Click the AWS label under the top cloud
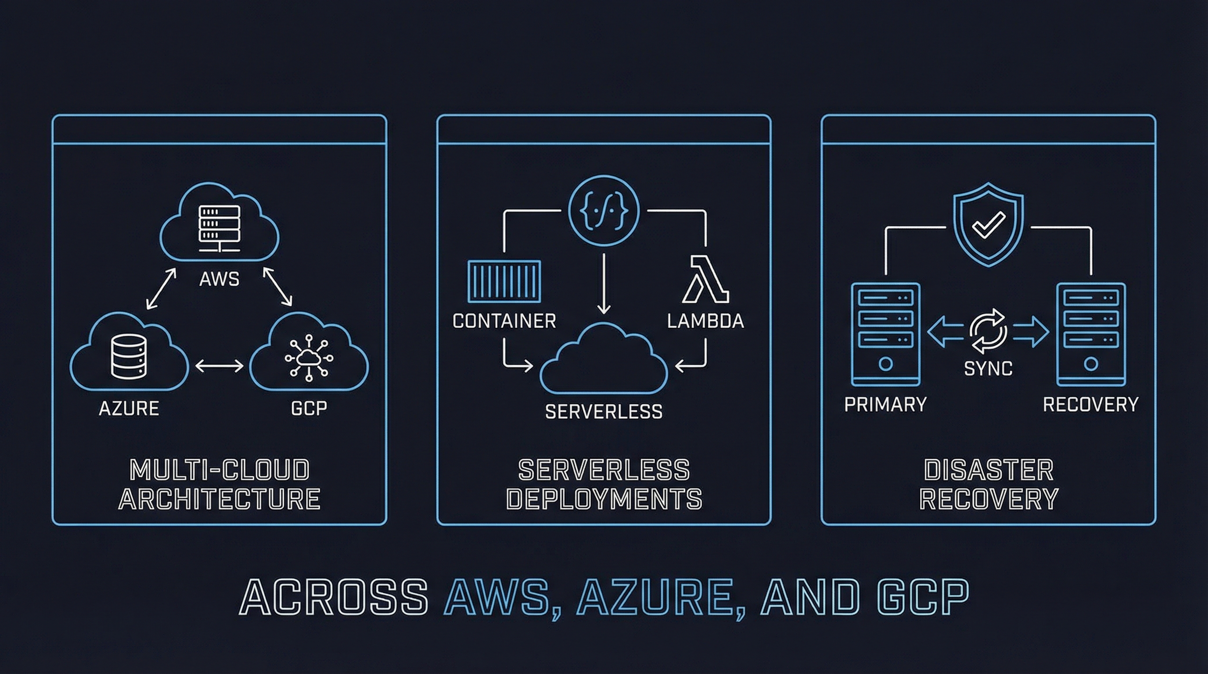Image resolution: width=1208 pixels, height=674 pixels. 219,280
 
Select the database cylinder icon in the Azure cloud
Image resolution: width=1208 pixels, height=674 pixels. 129,359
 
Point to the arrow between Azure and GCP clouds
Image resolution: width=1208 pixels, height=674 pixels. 219,366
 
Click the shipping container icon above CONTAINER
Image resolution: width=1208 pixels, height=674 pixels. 504,282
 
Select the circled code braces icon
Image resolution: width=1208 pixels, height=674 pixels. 604,211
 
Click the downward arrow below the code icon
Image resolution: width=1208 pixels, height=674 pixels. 604,284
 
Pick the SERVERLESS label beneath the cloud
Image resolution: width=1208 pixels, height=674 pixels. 604,412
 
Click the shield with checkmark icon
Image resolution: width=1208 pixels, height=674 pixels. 988,225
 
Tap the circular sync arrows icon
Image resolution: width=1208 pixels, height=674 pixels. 988,331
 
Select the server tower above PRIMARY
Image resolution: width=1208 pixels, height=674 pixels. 885,334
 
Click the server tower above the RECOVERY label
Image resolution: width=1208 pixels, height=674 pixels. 1091,334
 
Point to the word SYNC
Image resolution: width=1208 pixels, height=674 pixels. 988,369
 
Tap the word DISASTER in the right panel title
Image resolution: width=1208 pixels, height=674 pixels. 989,470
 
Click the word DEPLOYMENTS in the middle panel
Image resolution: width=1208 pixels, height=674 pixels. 604,499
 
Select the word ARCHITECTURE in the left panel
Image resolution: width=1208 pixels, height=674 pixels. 219,499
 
